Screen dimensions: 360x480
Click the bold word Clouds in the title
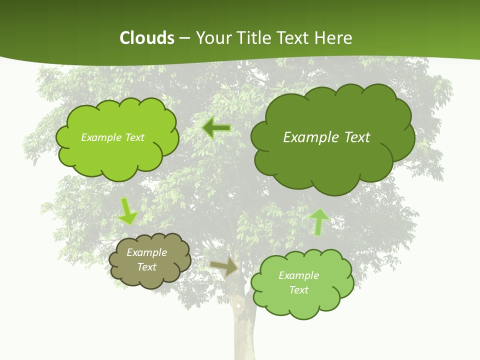[146, 38]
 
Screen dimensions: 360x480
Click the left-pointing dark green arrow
[216, 128]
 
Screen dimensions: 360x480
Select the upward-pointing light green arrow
[319, 221]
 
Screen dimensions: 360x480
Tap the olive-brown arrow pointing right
[224, 267]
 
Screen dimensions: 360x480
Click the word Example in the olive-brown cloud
[146, 252]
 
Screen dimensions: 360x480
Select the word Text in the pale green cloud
[298, 290]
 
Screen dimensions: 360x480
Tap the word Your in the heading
[210, 38]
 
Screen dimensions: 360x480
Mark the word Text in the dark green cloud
[354, 137]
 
